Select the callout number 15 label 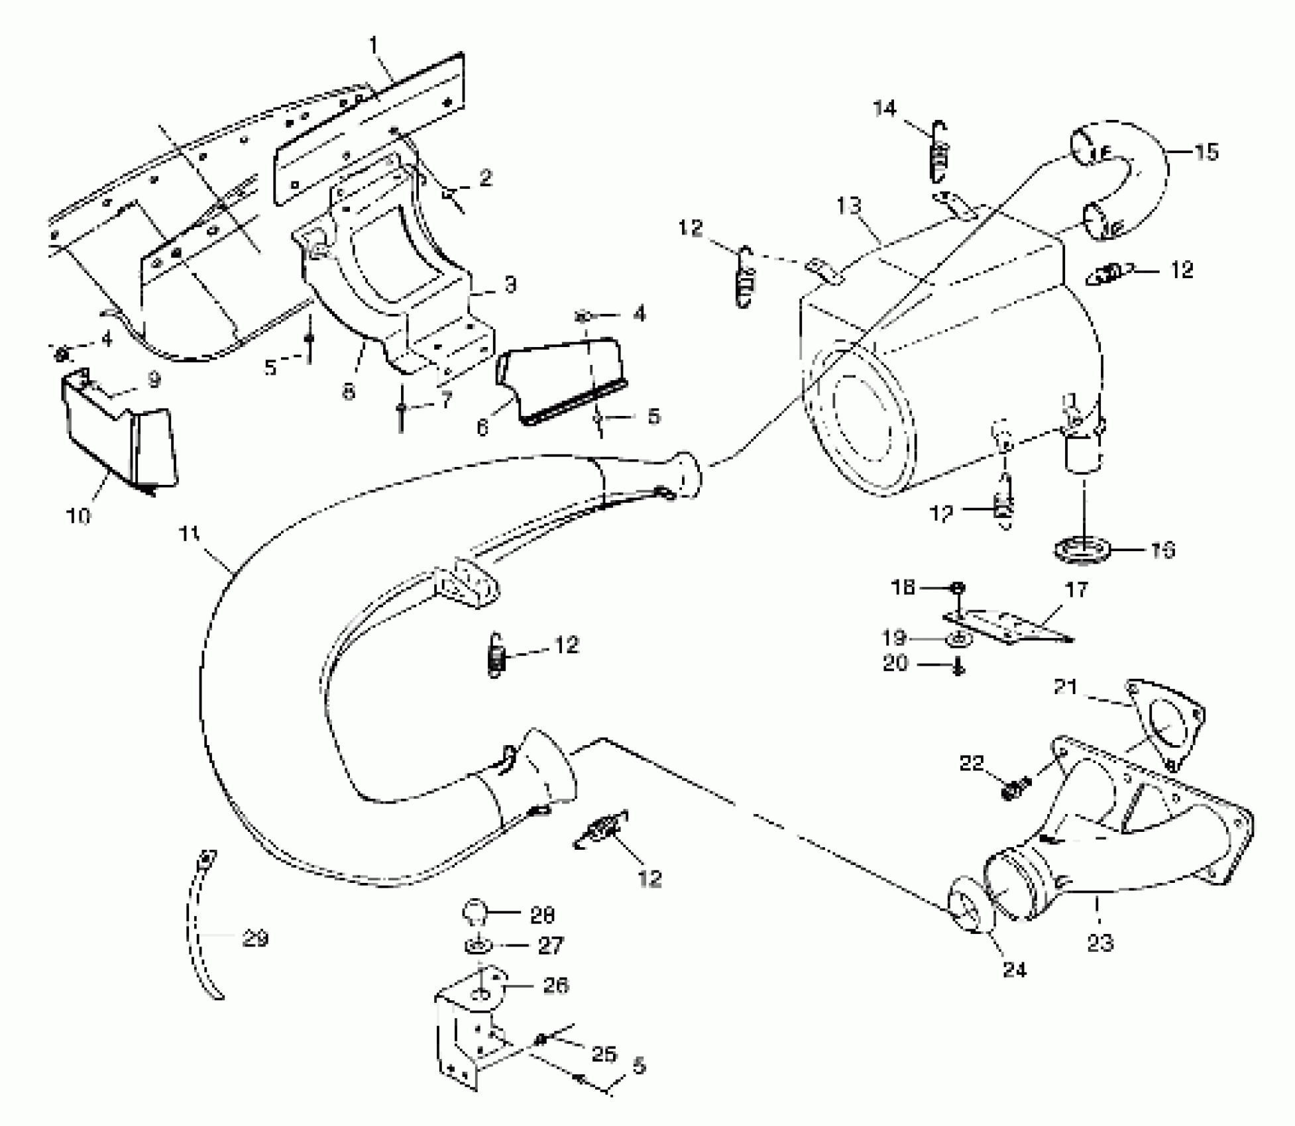[1206, 152]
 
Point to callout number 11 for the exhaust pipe [191, 534]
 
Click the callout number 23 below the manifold [1100, 941]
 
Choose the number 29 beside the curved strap [256, 939]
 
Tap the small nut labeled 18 [958, 588]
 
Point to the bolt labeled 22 [1014, 788]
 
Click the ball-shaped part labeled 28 [476, 913]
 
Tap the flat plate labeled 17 [1007, 627]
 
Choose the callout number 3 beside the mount [509, 285]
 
